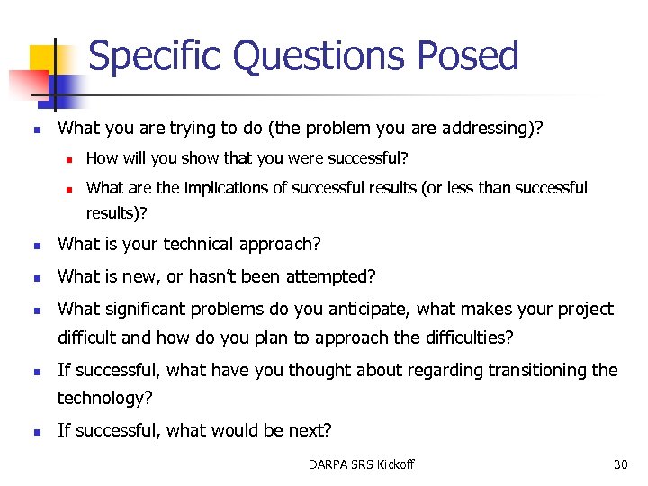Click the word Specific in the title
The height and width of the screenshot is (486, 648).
coord(155,56)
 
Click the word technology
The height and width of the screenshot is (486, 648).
coord(101,398)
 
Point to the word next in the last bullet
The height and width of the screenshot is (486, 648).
coord(305,430)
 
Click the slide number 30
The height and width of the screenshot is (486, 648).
coord(620,464)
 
